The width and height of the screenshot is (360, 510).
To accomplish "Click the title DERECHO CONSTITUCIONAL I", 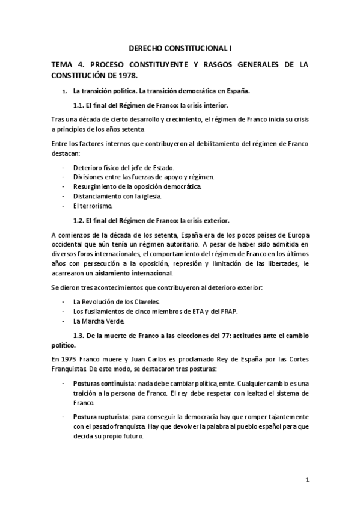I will click(x=180, y=46).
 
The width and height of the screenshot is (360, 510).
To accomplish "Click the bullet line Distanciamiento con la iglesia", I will click(x=117, y=196).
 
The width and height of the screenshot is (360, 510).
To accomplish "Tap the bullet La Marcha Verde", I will click(x=99, y=321).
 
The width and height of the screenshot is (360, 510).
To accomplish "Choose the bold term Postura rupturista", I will click(x=98, y=417).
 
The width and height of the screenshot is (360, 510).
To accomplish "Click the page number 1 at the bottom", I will click(x=307, y=479).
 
